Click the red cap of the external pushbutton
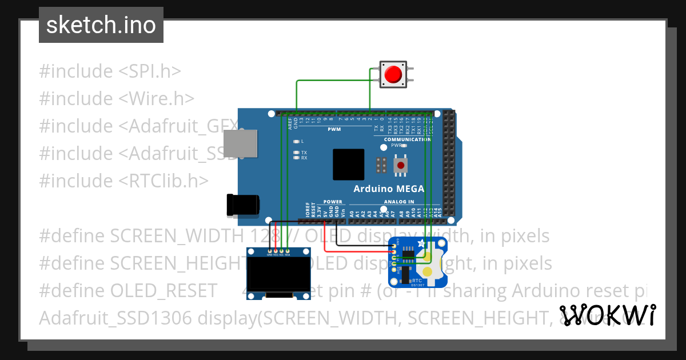(x=393, y=74)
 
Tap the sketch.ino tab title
(x=101, y=25)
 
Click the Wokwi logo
(x=607, y=315)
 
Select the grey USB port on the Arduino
(x=239, y=143)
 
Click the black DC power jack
(x=243, y=205)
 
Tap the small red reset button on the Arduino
(x=402, y=166)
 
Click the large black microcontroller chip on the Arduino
(x=349, y=165)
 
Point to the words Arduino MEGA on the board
(x=389, y=189)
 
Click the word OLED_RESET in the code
(x=164, y=291)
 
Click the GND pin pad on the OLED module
(x=269, y=251)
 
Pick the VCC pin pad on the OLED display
(x=276, y=251)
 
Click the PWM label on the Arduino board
(x=334, y=129)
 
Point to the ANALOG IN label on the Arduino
(x=399, y=202)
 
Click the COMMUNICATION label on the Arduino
(x=408, y=139)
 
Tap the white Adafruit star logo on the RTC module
(x=422, y=244)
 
